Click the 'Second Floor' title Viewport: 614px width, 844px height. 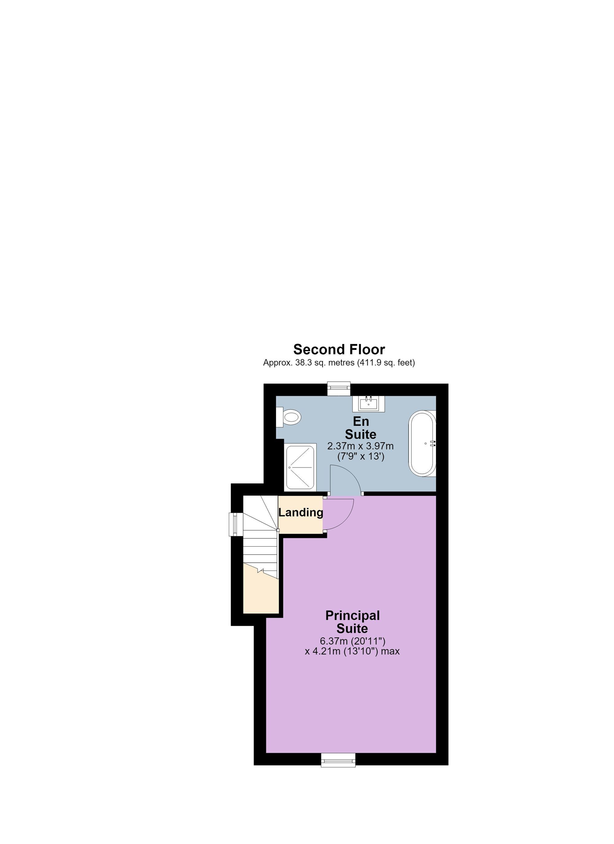(x=339, y=350)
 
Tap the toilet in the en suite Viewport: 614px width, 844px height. (x=289, y=417)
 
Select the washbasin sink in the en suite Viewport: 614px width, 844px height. (x=369, y=403)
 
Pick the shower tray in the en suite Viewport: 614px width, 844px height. (x=300, y=468)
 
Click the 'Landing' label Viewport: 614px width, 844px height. (x=301, y=513)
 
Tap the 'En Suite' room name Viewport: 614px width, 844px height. (x=360, y=428)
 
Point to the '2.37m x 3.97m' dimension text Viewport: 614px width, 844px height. (x=360, y=446)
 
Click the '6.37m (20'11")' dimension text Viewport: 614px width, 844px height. (x=352, y=641)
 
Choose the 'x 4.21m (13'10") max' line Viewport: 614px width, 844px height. (x=352, y=652)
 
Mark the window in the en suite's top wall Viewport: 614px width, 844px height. (x=339, y=388)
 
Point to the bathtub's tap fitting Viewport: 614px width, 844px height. (x=432, y=443)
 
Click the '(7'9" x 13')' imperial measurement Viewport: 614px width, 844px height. (x=360, y=456)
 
